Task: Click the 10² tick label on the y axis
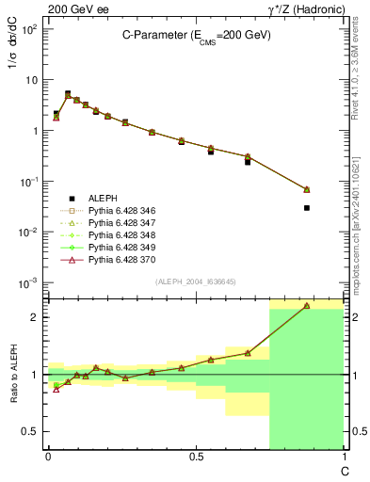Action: tap(31, 29)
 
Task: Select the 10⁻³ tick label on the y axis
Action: tap(31, 283)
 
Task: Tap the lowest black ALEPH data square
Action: tap(307, 207)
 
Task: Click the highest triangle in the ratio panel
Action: tap(307, 306)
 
